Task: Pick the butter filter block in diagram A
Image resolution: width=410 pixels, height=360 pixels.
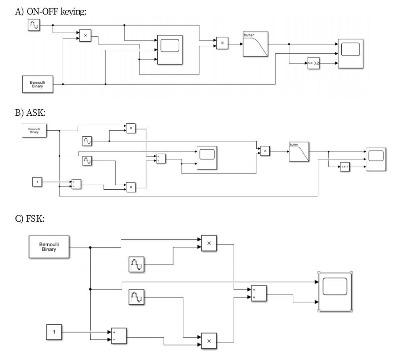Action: point(255,44)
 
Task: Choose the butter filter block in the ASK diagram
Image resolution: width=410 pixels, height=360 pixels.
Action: point(299,152)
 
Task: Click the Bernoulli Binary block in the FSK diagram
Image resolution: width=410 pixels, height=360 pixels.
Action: point(49,247)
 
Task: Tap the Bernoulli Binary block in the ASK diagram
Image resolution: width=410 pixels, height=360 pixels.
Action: point(34,131)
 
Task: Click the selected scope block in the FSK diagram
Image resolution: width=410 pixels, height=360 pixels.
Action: point(335,292)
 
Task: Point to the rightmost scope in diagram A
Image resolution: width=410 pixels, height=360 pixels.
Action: point(350,53)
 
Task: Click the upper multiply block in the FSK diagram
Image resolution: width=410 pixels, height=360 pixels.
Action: point(209,243)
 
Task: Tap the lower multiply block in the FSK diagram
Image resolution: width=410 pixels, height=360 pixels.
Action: point(209,341)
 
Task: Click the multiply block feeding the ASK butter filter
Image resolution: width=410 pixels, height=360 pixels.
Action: point(265,151)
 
